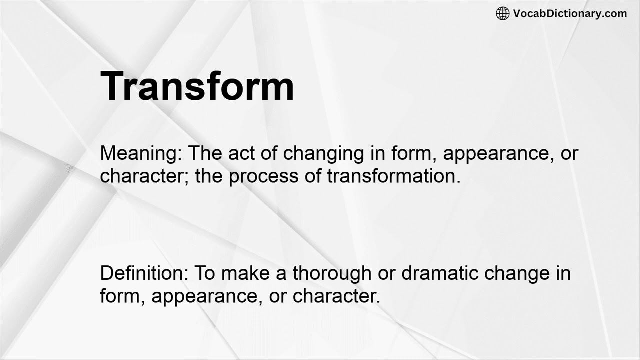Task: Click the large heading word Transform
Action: point(197,86)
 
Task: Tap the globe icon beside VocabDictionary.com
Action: point(502,14)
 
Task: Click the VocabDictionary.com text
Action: point(570,14)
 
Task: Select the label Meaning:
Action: point(141,153)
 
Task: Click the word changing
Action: point(323,153)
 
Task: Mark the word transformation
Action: point(394,176)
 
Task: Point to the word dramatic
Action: point(435,273)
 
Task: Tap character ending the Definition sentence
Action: point(336,296)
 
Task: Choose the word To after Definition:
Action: point(204,273)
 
